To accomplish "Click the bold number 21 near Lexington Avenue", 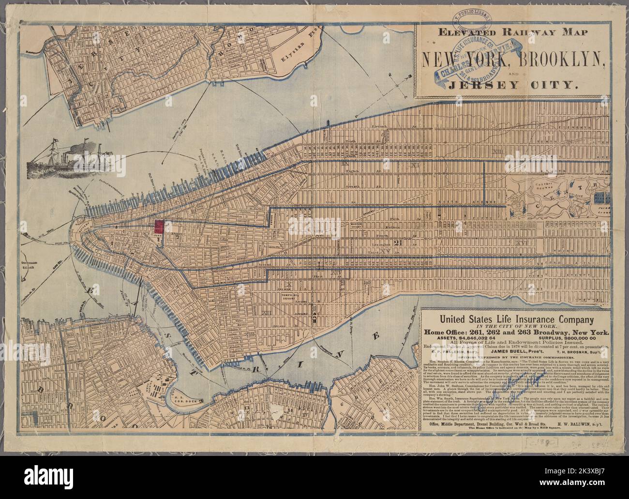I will [x=398, y=242].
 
